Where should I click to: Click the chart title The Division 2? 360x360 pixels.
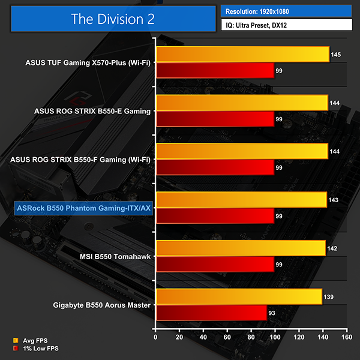click(x=113, y=18)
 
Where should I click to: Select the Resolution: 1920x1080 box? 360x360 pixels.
click(x=287, y=10)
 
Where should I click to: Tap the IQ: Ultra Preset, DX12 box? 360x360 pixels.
click(x=287, y=25)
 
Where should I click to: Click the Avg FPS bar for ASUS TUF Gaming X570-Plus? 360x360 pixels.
click(x=242, y=54)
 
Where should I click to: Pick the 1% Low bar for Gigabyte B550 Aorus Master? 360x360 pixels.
click(x=211, y=312)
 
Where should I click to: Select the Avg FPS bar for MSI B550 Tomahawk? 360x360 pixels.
click(x=240, y=248)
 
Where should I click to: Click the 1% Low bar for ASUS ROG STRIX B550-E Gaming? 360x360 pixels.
click(x=215, y=119)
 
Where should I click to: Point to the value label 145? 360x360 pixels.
click(x=336, y=55)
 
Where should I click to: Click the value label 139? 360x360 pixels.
click(x=329, y=297)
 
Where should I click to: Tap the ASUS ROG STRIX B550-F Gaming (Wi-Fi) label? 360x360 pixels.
click(x=80, y=159)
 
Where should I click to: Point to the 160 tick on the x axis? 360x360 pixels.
click(x=346, y=338)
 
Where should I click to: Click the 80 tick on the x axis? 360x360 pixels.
click(x=251, y=338)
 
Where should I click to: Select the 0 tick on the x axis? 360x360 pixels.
click(x=155, y=338)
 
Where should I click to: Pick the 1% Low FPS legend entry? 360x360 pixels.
click(x=37, y=348)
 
